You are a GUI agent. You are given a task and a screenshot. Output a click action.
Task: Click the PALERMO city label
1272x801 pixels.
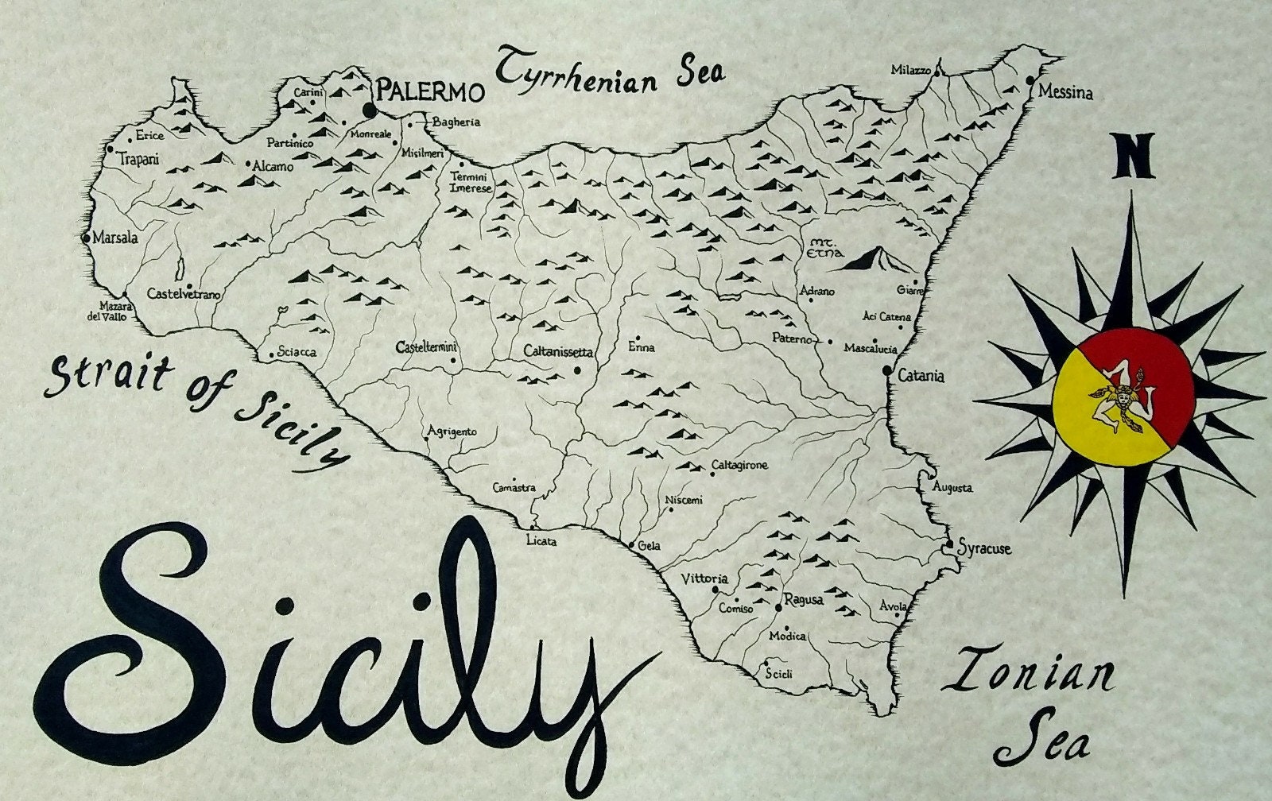tap(429, 91)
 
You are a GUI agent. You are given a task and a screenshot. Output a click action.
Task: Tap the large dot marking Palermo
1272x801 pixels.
tap(370, 109)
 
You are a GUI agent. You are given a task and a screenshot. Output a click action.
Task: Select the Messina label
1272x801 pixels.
tap(1065, 93)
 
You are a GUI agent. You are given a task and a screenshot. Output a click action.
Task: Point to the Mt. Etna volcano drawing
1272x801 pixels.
tap(874, 259)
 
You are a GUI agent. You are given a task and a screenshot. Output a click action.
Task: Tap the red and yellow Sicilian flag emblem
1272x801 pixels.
tap(1123, 397)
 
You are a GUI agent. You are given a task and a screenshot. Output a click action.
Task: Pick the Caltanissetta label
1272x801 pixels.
tap(559, 350)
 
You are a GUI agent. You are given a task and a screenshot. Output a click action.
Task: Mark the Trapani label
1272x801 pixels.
tap(138, 160)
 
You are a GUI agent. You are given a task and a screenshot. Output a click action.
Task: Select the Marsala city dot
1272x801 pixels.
tap(86, 238)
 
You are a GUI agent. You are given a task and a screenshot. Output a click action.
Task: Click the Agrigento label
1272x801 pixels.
tap(452, 431)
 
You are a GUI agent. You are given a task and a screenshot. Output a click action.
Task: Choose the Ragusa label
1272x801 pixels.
tap(803, 600)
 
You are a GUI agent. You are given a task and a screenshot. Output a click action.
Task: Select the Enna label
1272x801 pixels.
tap(641, 347)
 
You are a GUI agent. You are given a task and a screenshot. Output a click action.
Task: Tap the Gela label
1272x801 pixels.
tap(650, 546)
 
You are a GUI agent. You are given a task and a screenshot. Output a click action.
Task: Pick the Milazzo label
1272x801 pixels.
tap(910, 70)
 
